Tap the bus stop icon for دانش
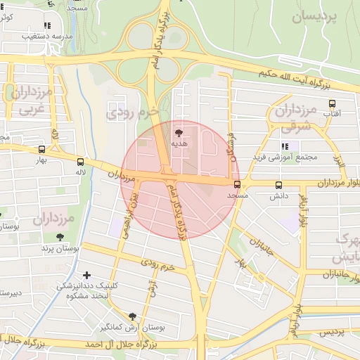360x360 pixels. [278, 186]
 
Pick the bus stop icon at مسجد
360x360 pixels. [236, 184]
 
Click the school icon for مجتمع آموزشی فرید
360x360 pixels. [285, 146]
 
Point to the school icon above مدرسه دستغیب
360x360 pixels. [48, 24]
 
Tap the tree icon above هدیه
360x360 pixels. [179, 131]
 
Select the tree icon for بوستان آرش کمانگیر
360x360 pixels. [133, 317]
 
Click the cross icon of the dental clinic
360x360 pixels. [86, 275]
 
